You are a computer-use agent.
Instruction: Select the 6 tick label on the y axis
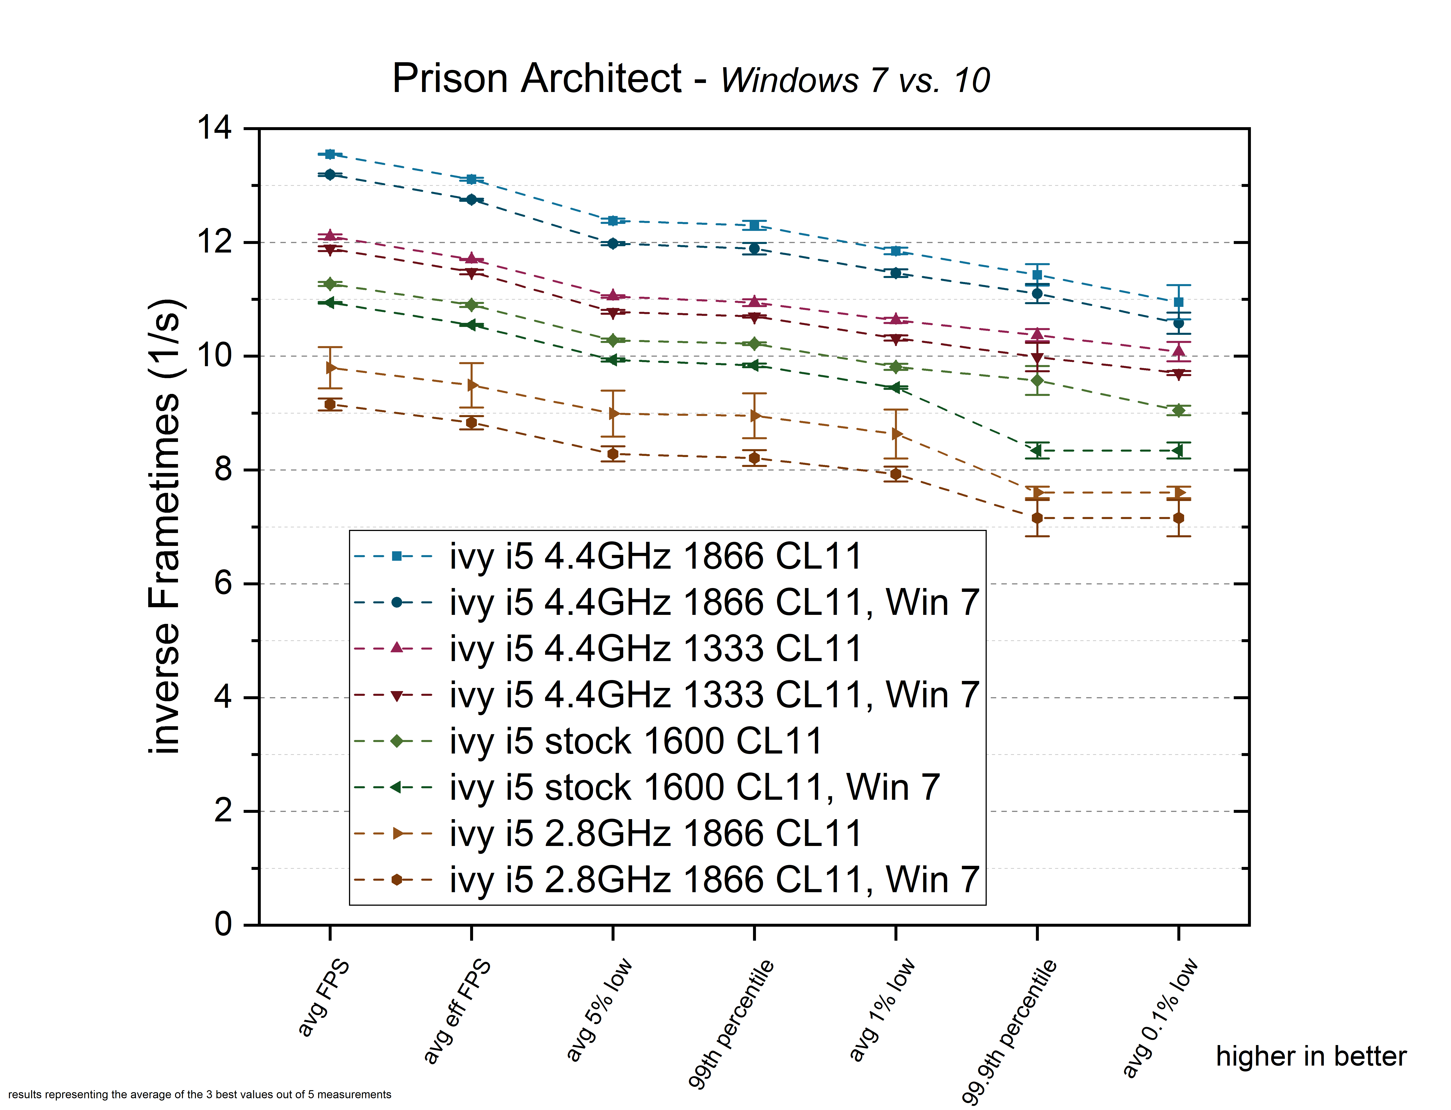pos(223,584)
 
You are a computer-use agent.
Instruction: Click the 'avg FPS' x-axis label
pos(323,998)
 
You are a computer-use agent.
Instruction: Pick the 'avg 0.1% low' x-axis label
pos(1160,1018)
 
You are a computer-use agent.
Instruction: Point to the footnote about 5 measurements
pos(200,1094)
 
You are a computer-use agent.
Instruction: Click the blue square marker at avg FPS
pos(330,154)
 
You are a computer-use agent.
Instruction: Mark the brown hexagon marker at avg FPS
pos(330,404)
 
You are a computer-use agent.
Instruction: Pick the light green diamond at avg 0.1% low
pos(1178,410)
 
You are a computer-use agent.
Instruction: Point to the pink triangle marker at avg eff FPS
pos(471,258)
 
